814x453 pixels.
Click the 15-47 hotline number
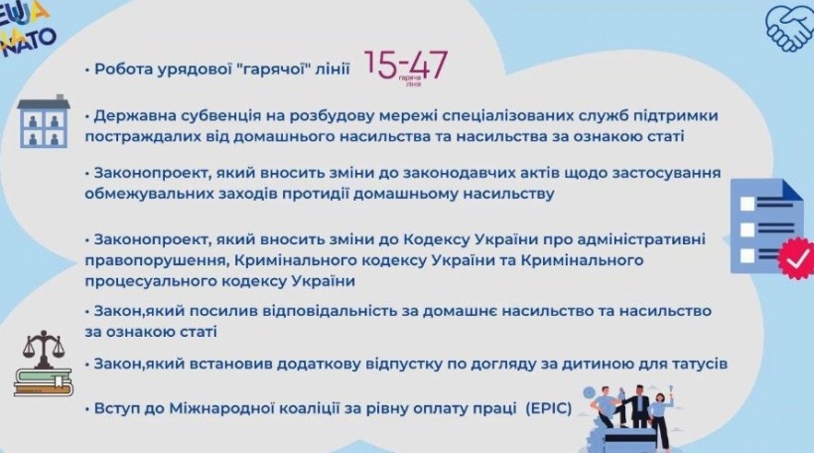406,65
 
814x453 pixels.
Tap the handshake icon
789,28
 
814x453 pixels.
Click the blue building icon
44,121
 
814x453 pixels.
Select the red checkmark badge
796,258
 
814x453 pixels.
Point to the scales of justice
44,348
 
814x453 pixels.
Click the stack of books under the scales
43,382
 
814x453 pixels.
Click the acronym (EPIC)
549,409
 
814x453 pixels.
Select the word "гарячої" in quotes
273,70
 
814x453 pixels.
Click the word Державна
134,116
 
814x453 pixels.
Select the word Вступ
117,409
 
